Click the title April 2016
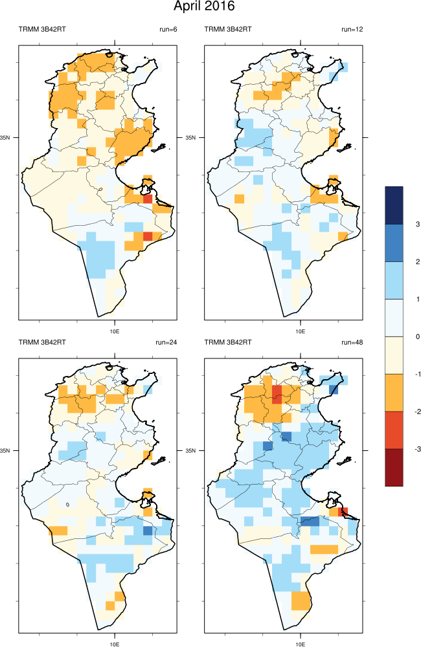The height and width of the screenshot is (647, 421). [204, 7]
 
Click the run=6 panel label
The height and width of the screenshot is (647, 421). [168, 29]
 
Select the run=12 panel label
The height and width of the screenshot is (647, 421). [352, 29]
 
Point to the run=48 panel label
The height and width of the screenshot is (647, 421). [352, 342]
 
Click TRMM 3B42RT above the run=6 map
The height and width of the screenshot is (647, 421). [40, 29]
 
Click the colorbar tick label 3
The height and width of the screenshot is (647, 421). [418, 224]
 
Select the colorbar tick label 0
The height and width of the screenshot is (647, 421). [418, 336]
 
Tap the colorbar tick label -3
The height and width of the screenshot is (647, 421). [417, 448]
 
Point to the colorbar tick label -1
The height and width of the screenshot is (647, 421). [417, 374]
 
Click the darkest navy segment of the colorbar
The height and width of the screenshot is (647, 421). [394, 205]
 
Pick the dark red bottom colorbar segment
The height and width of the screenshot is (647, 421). [394, 466]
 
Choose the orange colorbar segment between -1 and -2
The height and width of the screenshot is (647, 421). [394, 392]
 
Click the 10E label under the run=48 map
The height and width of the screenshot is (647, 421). [300, 643]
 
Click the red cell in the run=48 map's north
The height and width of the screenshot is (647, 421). [277, 393]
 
